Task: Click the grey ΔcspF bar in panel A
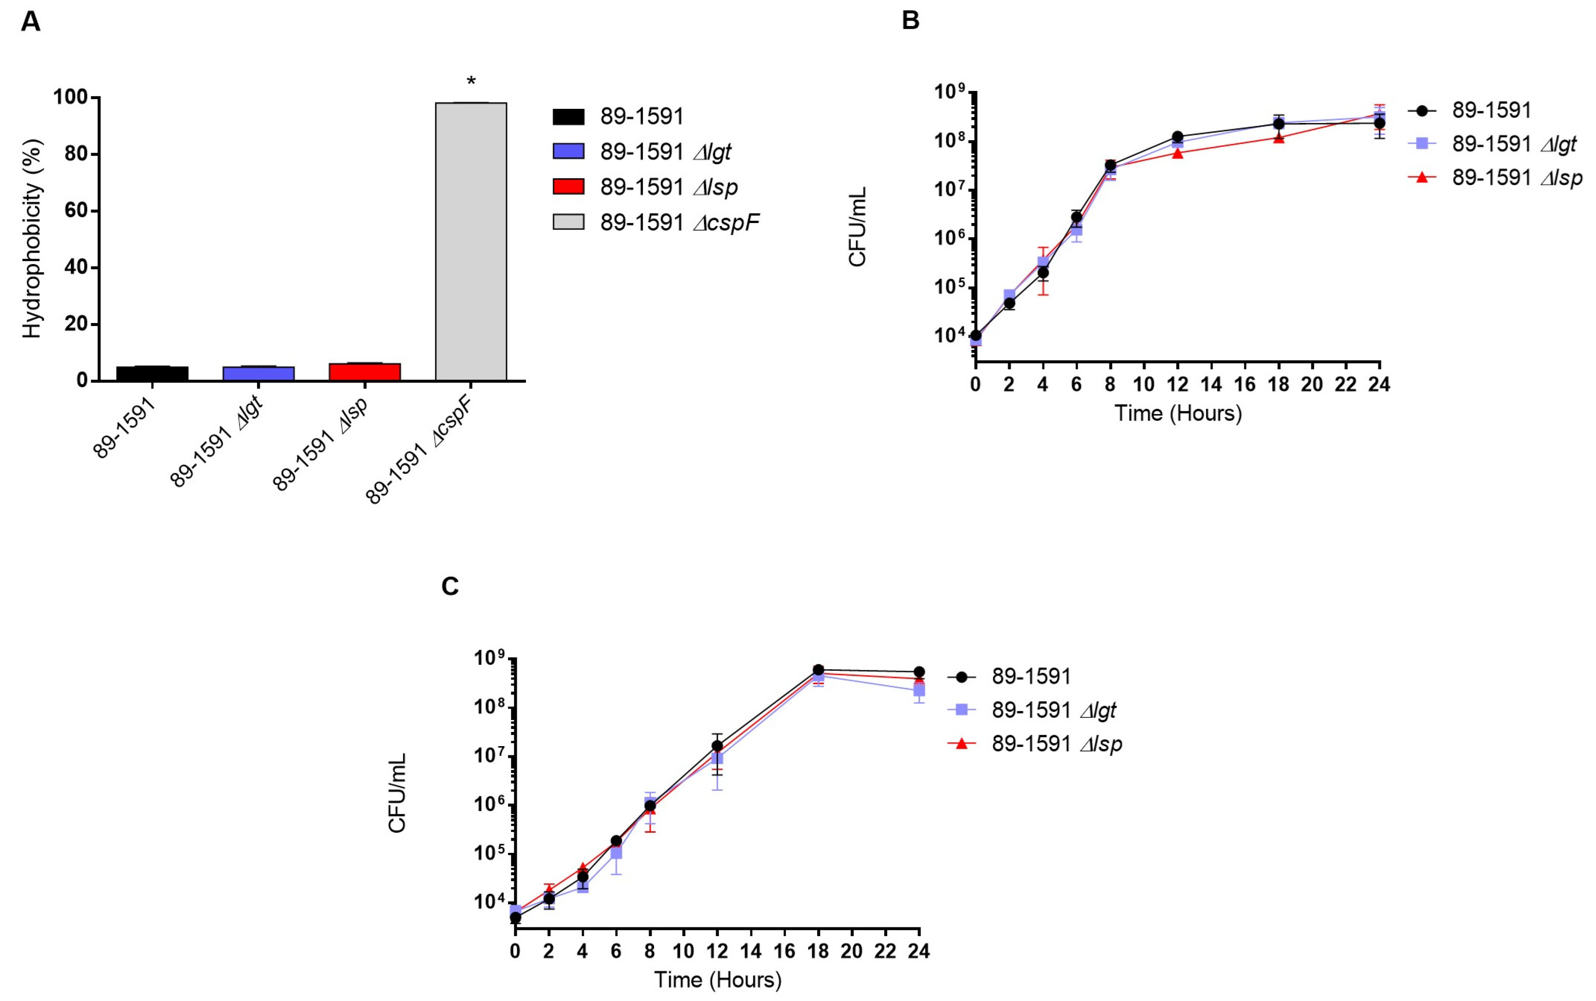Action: tap(471, 241)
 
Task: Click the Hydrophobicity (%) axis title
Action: tap(32, 239)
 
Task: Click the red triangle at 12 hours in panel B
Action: tap(1177, 153)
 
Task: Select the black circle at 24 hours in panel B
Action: tap(1379, 123)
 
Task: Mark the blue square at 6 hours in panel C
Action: tap(616, 853)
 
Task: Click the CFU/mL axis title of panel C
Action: tap(397, 793)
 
